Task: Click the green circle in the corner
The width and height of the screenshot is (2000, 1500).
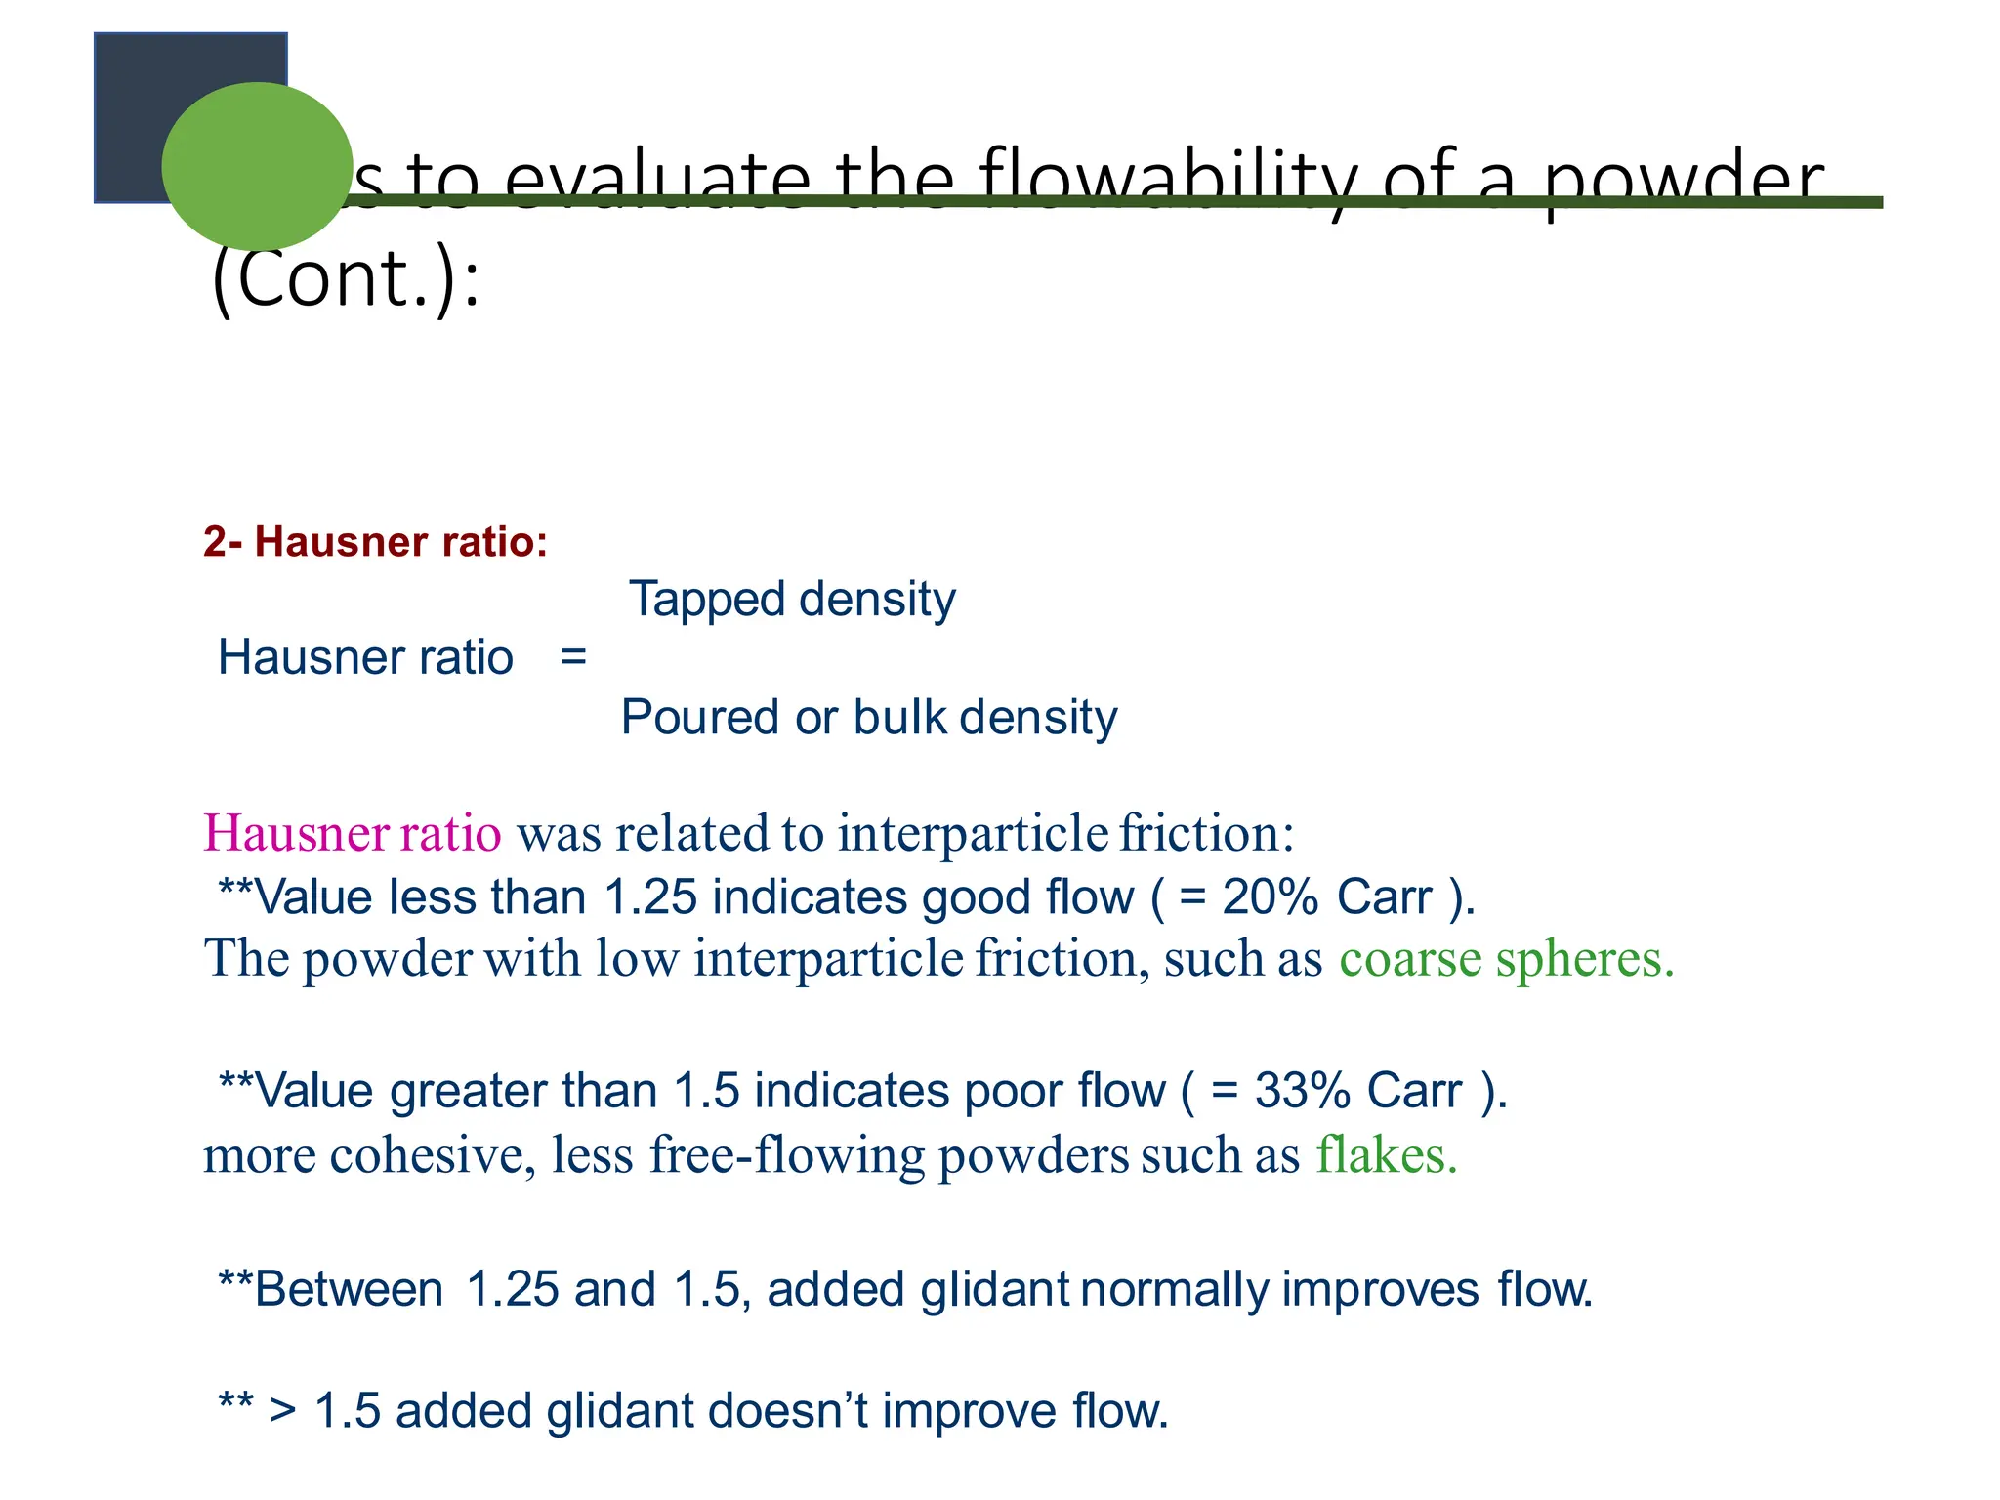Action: tap(257, 166)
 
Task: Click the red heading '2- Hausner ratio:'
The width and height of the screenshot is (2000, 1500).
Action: tap(375, 542)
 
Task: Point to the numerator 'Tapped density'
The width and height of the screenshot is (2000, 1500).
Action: tap(792, 599)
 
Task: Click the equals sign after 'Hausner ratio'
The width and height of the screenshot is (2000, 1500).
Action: tap(573, 656)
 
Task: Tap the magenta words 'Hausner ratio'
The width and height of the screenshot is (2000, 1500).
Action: tap(353, 834)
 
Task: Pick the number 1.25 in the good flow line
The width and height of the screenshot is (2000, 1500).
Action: tap(650, 897)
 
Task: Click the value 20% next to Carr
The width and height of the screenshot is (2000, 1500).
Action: tap(1270, 897)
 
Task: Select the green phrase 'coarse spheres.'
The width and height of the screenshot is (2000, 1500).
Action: tap(1506, 959)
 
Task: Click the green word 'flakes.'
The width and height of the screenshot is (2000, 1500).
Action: tap(1386, 1156)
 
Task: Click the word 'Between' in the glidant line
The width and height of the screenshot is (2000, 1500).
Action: tap(349, 1289)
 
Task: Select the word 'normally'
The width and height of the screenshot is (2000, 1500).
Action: tap(1175, 1289)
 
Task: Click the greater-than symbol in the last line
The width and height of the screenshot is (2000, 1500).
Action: tap(283, 1411)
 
